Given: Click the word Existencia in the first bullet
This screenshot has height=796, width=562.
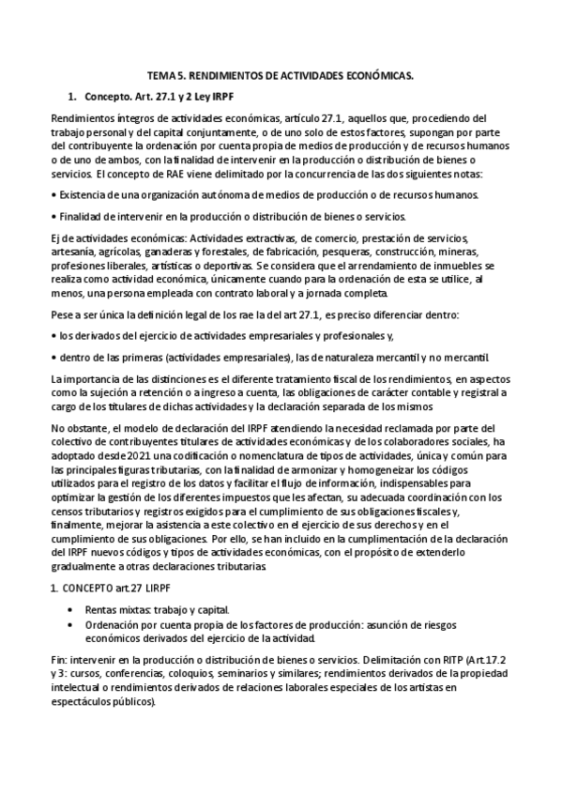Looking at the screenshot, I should click(x=83, y=194).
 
